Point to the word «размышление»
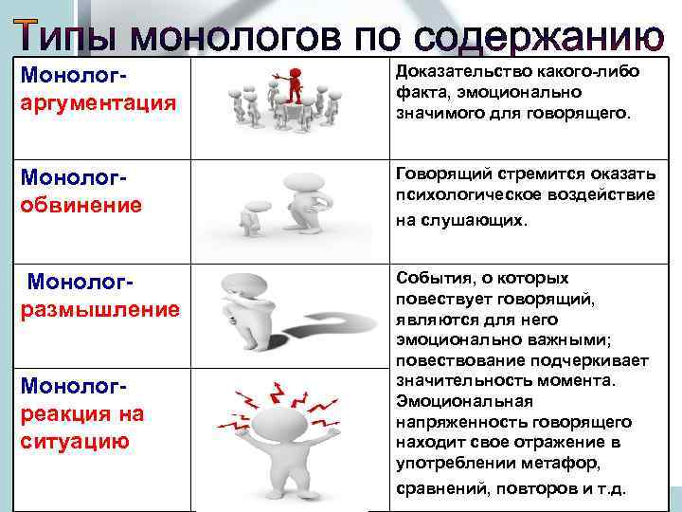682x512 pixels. point(100,310)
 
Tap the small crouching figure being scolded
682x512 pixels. point(251,220)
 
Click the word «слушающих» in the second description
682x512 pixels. point(477,220)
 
